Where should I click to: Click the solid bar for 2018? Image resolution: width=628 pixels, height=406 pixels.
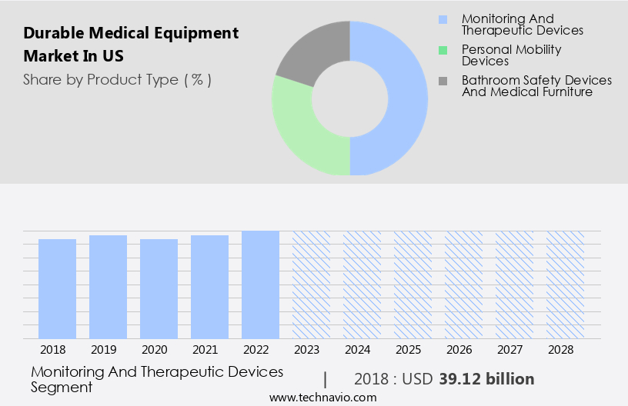[x=58, y=288]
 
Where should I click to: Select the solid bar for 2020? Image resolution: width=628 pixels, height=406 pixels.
[x=159, y=288]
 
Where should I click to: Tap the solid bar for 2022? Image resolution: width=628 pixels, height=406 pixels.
[x=260, y=285]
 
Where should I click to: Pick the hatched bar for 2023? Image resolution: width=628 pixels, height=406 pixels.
[x=311, y=285]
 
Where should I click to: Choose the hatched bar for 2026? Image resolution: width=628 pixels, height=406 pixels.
[x=463, y=285]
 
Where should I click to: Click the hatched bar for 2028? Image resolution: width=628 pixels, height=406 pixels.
[x=564, y=285]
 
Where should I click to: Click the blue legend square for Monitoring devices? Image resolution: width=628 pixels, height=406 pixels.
[x=442, y=19]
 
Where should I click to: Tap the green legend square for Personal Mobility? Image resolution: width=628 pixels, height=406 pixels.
[x=442, y=50]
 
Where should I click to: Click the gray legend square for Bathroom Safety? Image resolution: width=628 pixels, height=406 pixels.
[x=442, y=81]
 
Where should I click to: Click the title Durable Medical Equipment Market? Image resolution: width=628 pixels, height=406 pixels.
[x=131, y=45]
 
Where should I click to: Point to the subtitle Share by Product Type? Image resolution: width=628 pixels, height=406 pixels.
[x=117, y=79]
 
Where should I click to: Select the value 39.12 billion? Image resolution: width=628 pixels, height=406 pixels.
[x=486, y=379]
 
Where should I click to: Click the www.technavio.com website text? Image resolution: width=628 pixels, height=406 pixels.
[x=322, y=398]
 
